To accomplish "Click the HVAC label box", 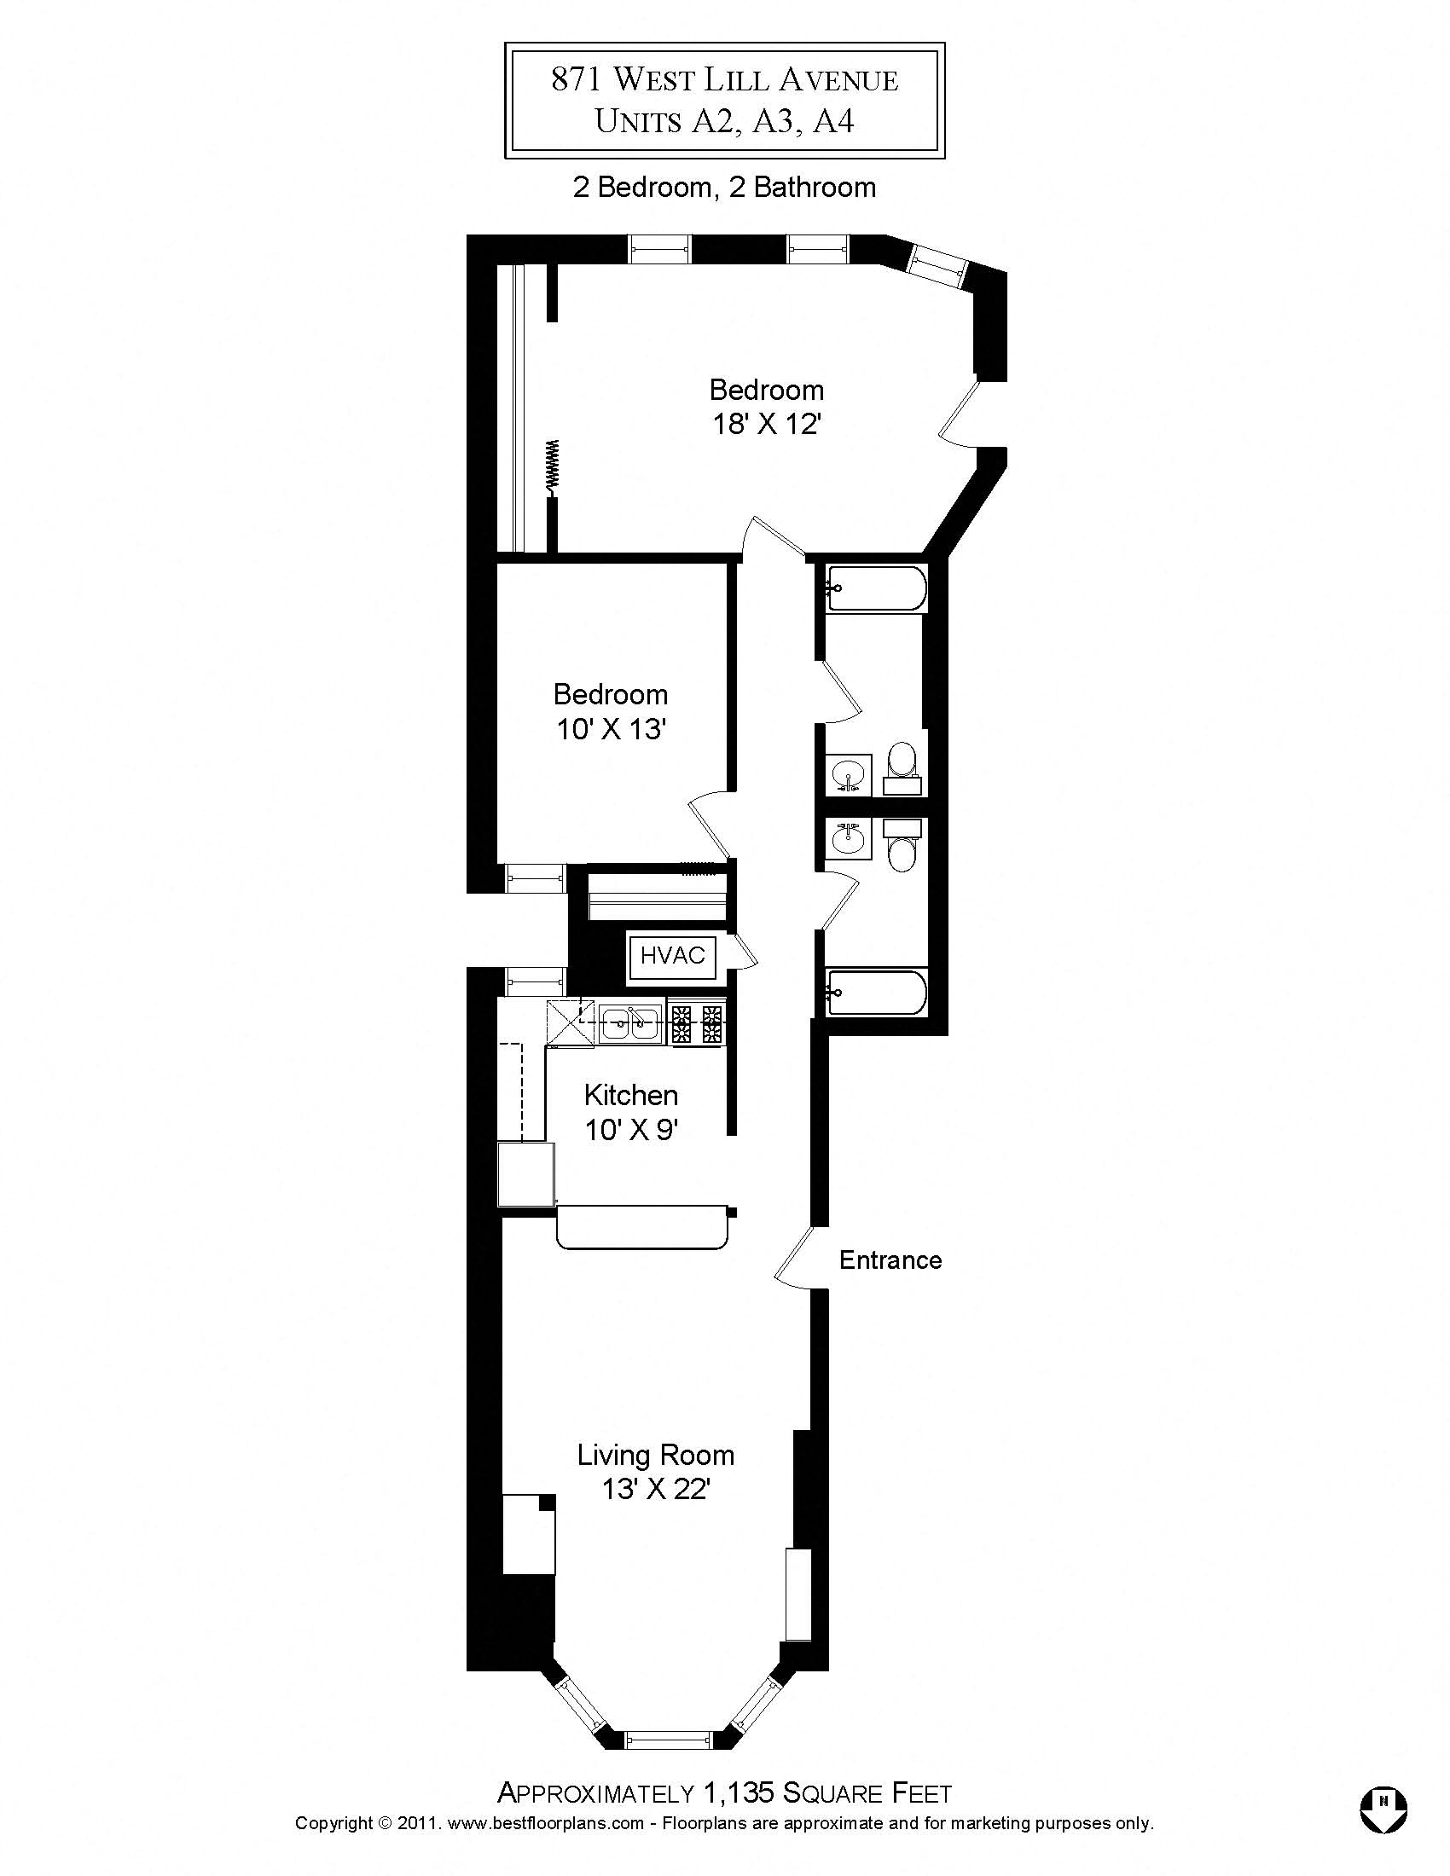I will pyautogui.click(x=673, y=955).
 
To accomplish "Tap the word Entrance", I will pyautogui.click(x=890, y=1260).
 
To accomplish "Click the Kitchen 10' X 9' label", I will pyautogui.click(x=631, y=1112).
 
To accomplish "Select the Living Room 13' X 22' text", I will pyautogui.click(x=655, y=1472).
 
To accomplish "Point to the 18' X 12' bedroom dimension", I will pyautogui.click(x=767, y=425).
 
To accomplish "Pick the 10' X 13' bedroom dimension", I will pyautogui.click(x=611, y=729).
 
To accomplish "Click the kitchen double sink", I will pyautogui.click(x=629, y=1024).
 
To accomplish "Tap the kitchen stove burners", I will pyautogui.click(x=698, y=1024).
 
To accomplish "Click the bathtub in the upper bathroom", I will pyautogui.click(x=876, y=588).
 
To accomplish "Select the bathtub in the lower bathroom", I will pyautogui.click(x=876, y=992).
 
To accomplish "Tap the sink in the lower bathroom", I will pyautogui.click(x=849, y=837).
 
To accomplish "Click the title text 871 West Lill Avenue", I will pyautogui.click(x=724, y=80).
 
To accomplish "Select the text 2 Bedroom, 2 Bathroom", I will pyautogui.click(x=724, y=188).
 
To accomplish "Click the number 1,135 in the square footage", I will pyautogui.click(x=739, y=1793).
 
